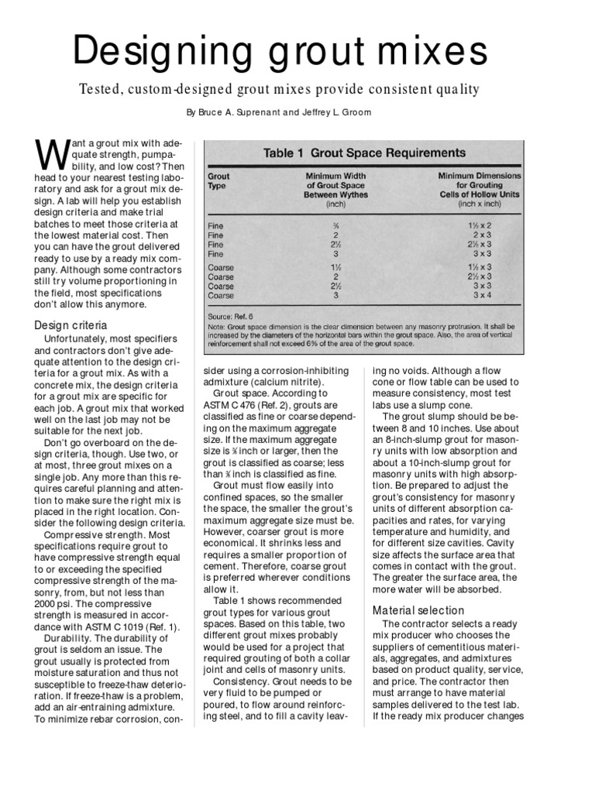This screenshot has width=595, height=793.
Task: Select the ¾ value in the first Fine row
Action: pyautogui.click(x=336, y=224)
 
